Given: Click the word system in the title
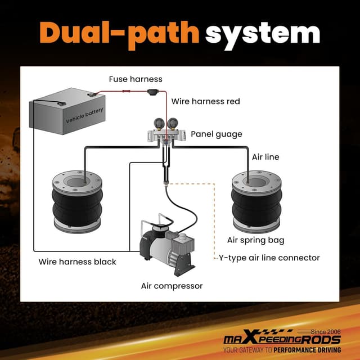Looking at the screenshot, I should pyautogui.click(x=263, y=34).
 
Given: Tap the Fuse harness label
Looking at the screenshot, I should pyautogui.click(x=136, y=79).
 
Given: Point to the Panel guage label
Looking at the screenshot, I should pyautogui.click(x=217, y=134).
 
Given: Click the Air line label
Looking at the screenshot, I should pyautogui.click(x=265, y=157).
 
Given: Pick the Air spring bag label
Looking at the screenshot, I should pyautogui.click(x=255, y=240).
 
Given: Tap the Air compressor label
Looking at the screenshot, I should pyautogui.click(x=172, y=286).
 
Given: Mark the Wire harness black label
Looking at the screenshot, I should pyautogui.click(x=77, y=262).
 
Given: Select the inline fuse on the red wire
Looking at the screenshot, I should pyautogui.click(x=152, y=92).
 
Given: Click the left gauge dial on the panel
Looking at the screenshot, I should pyautogui.click(x=160, y=122).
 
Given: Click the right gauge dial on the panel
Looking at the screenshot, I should pyautogui.click(x=173, y=122).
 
